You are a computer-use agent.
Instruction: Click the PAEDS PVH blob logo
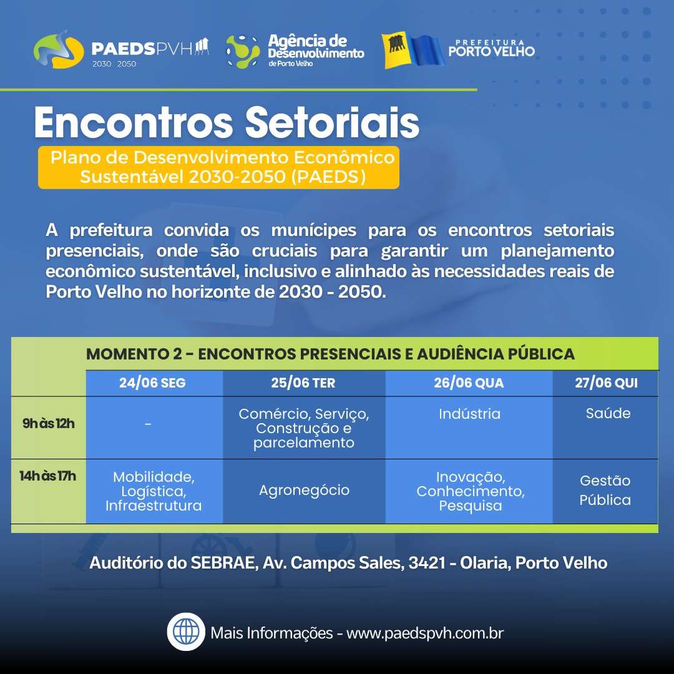pyautogui.click(x=59, y=50)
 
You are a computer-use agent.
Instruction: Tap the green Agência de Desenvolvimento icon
pyautogui.click(x=243, y=52)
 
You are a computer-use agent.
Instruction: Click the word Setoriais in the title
pyautogui.click(x=332, y=123)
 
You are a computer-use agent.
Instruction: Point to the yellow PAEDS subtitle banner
pyautogui.click(x=218, y=167)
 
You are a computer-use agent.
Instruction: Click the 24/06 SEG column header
pyautogui.click(x=153, y=383)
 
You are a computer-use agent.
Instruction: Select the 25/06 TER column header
pyautogui.click(x=303, y=383)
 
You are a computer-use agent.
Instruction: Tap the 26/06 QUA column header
pyautogui.click(x=469, y=383)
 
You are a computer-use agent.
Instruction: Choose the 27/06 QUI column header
pyautogui.click(x=606, y=383)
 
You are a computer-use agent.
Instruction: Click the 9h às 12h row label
pyautogui.click(x=49, y=423)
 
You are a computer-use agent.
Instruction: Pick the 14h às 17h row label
pyautogui.click(x=47, y=476)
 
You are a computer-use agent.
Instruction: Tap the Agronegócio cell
pyautogui.click(x=304, y=490)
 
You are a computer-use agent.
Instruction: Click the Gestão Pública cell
pyautogui.click(x=605, y=490)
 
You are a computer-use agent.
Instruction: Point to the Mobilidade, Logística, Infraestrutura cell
pyautogui.click(x=154, y=491)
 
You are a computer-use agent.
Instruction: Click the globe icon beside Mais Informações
pyautogui.click(x=186, y=632)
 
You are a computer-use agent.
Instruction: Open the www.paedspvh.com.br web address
pyautogui.click(x=425, y=633)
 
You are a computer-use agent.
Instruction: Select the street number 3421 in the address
pyautogui.click(x=427, y=563)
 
